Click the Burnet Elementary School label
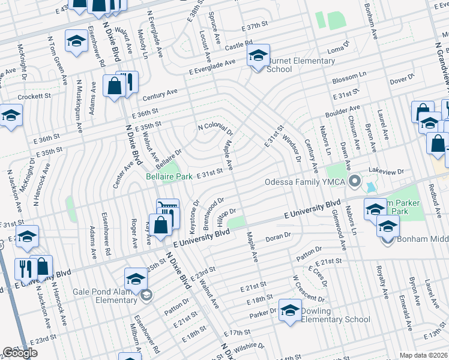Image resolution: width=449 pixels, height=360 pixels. pyautogui.click(x=301, y=65)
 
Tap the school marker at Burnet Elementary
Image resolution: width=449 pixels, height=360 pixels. pyautogui.click(x=258, y=58)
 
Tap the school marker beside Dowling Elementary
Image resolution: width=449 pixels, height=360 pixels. pyautogui.click(x=290, y=310)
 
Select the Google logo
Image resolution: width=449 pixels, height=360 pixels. pyautogui.click(x=20, y=353)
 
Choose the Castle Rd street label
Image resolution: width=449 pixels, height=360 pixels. pyautogui.click(x=239, y=45)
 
